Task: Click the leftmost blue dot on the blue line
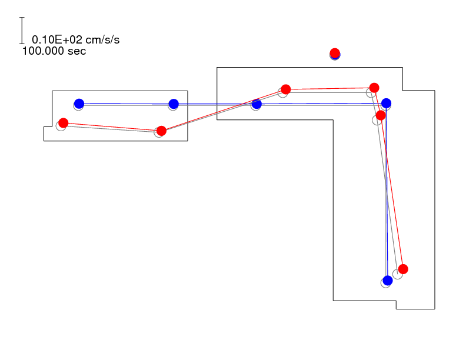pos(79,104)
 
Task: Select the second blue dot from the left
pos(174,104)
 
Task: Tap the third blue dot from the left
pos(257,104)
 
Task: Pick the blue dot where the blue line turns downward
pos(386,103)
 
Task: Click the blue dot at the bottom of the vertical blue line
pos(388,280)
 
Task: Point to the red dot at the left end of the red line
pos(64,123)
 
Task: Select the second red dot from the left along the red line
pos(161,131)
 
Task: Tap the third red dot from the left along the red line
pos(285,89)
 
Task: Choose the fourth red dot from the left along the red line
pos(374,88)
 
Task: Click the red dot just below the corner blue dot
pos(381,115)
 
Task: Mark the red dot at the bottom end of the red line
pos(403,269)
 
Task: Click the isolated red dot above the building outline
pos(335,53)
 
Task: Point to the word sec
pos(76,51)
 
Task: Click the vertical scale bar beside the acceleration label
pos(22,31)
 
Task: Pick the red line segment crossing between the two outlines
pos(224,110)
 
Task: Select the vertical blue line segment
pos(387,192)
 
